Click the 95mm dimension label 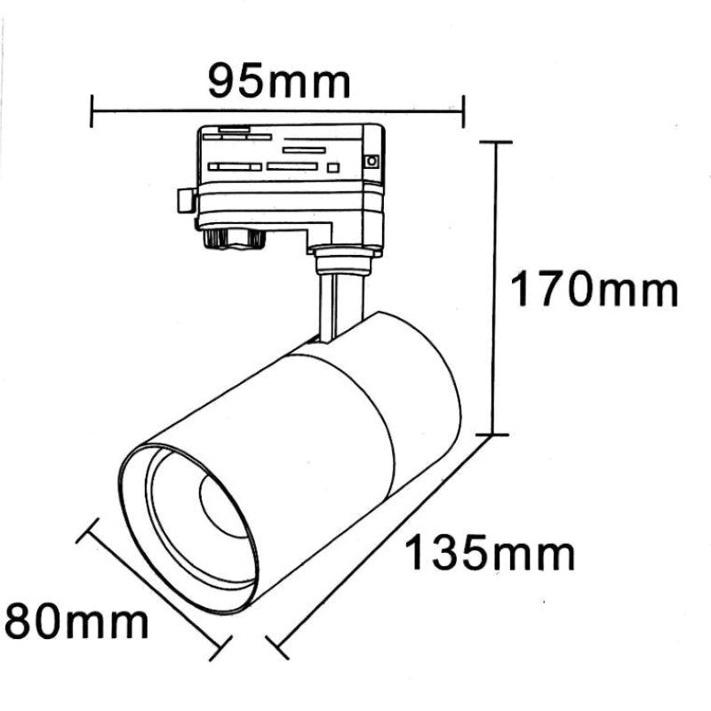(x=279, y=82)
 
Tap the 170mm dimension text (x=594, y=290)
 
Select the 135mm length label (x=491, y=555)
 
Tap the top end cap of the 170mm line (x=496, y=142)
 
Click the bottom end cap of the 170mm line (x=496, y=435)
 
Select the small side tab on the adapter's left (x=186, y=199)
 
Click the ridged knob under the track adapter (x=233, y=238)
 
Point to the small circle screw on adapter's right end (x=371, y=162)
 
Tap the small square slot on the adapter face (x=333, y=167)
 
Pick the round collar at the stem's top (x=342, y=260)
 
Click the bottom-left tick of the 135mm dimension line (x=277, y=648)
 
